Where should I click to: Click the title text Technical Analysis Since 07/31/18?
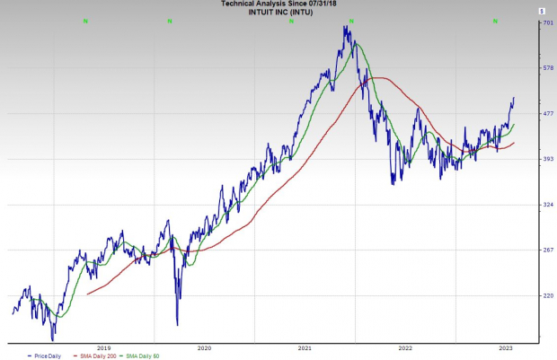(278, 4)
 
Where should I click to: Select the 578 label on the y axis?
(547, 68)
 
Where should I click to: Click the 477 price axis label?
(547, 114)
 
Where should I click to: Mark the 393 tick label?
(547, 159)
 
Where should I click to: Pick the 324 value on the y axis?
(547, 205)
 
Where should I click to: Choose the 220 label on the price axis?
(547, 295)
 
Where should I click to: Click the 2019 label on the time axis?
(104, 347)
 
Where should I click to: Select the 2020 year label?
(204, 347)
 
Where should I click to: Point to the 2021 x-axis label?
(305, 347)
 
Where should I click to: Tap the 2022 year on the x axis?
(405, 347)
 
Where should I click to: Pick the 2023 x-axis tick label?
(506, 347)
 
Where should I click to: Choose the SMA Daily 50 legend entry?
(149, 356)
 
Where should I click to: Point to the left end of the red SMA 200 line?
(87, 294)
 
